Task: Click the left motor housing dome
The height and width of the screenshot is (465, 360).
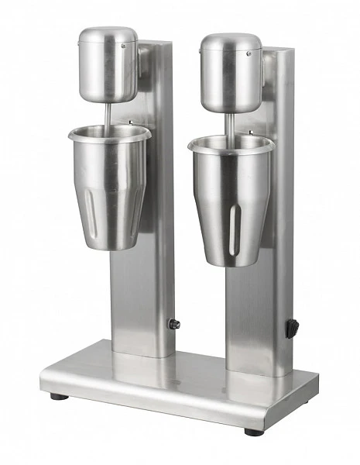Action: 108,66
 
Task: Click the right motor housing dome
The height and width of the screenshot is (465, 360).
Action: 230,71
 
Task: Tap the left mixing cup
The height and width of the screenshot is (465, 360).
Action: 108,186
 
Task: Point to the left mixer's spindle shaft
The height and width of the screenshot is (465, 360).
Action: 107,115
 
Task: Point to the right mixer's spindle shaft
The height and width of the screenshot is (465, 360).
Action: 230,123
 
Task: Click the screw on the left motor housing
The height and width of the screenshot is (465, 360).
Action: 123,46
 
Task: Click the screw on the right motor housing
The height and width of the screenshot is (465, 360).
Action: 248,53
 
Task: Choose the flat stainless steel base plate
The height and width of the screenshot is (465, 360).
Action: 178,387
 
